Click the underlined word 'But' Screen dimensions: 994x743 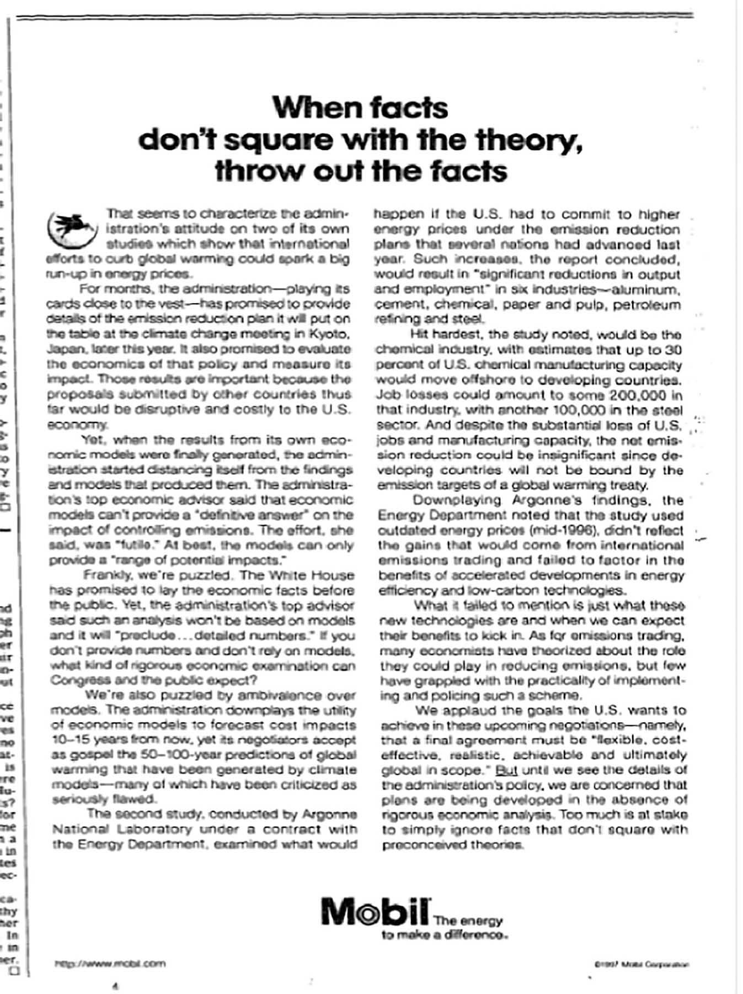(506, 770)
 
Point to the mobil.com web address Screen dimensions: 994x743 (110, 964)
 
